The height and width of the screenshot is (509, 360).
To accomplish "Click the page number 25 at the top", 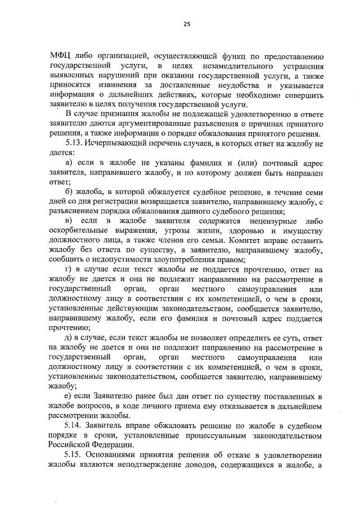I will (x=187, y=24).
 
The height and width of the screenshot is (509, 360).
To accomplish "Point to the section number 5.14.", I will (x=75, y=425).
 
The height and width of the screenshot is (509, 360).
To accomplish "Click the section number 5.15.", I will (x=75, y=454).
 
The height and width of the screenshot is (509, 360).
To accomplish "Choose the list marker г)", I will (x=69, y=270).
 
